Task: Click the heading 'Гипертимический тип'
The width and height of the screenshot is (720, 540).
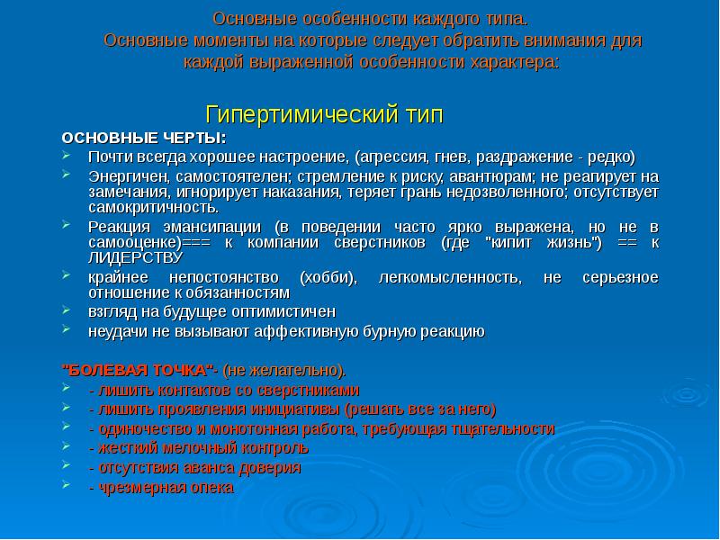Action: point(325,115)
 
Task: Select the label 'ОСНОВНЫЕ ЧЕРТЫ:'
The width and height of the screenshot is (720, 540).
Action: point(143,138)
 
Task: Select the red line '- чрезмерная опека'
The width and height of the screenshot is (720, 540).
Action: point(161,487)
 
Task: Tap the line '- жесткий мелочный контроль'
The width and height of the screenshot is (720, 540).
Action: point(198,447)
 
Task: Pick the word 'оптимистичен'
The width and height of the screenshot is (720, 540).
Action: point(290,311)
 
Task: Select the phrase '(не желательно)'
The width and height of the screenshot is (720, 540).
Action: point(284,370)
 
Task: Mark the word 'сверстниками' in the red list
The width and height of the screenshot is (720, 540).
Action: point(311,390)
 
